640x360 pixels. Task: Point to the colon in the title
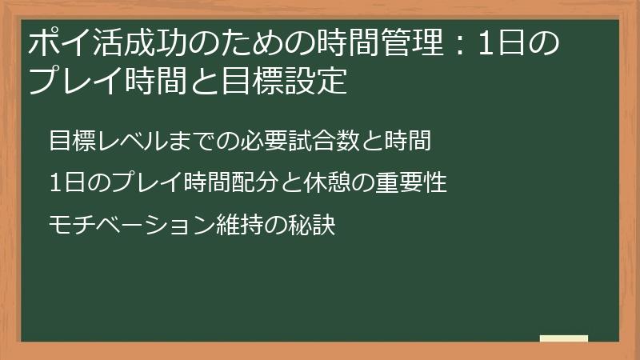click(x=461, y=43)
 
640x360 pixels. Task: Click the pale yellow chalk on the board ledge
click(x=564, y=338)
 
